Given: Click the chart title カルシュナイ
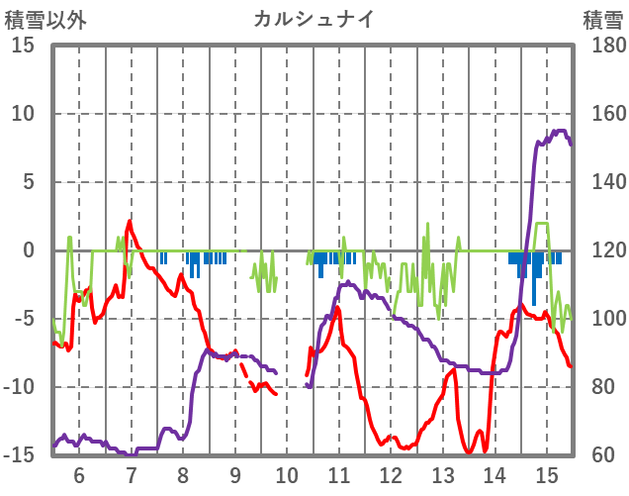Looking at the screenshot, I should coord(314,19).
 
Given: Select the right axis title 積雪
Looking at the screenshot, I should coord(602,19).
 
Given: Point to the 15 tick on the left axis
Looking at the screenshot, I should coord(23,46).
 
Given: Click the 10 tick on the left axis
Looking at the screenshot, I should coord(23,114).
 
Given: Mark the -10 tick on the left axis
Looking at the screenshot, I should coord(20,387).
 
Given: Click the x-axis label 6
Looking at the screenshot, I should coord(79,474).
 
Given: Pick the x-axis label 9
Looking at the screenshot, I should coord(235,474).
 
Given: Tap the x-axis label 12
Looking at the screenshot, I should coord(391,474).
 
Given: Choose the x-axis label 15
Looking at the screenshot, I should coord(547,474).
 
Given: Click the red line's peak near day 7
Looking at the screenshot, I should coord(130,222).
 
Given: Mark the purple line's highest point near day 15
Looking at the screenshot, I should coord(559,131).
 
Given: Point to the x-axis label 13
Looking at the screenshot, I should coord(443,474).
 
